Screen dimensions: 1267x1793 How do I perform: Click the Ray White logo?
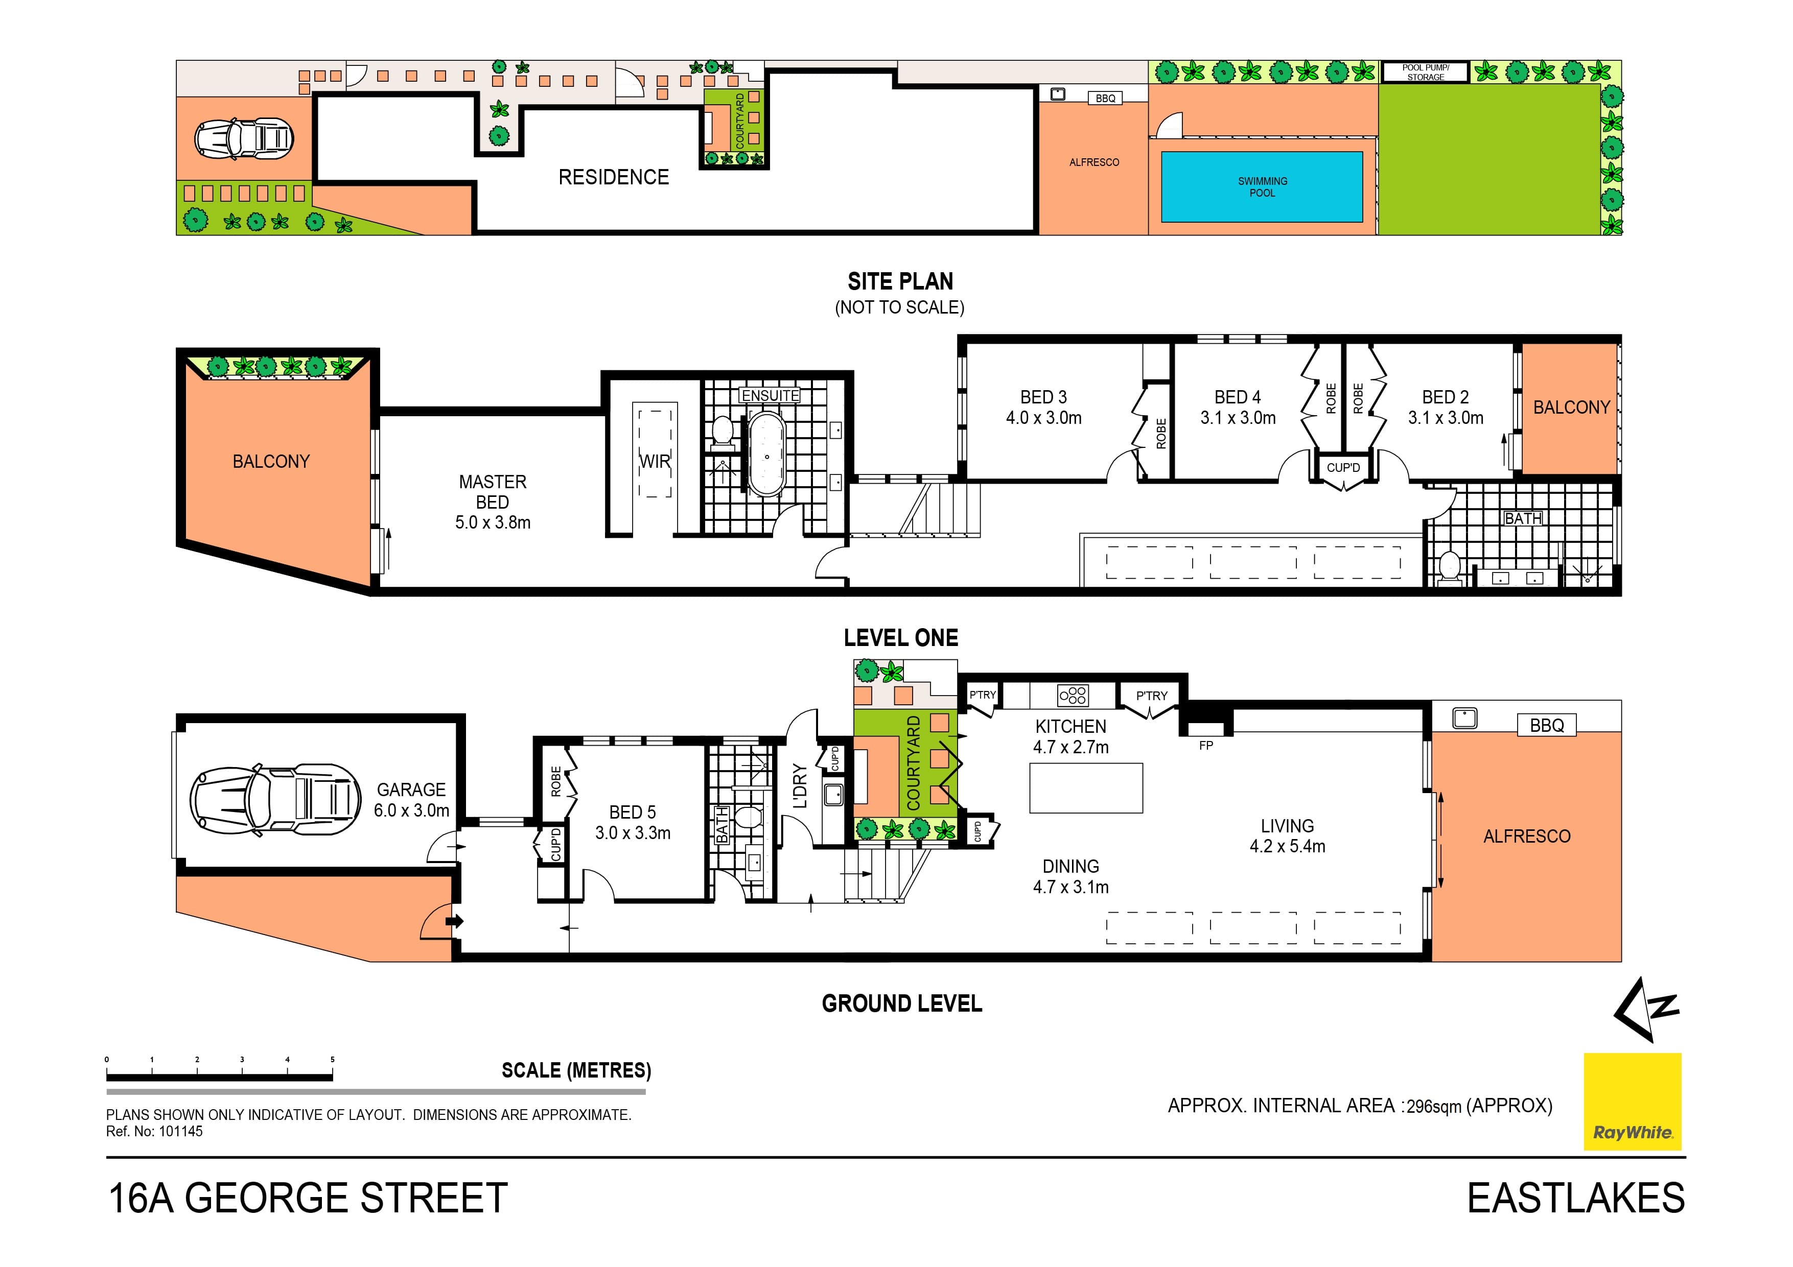click(1632, 1101)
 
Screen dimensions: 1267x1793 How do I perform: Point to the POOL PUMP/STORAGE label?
click(1425, 72)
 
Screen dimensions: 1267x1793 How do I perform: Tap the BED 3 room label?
click(1043, 397)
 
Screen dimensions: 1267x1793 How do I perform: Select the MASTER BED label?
click(492, 492)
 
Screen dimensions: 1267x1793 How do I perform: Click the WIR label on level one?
click(655, 461)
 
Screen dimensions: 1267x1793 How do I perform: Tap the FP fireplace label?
click(1206, 746)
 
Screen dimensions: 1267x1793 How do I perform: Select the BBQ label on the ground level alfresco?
click(1546, 725)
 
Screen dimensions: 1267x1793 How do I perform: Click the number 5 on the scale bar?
click(332, 1059)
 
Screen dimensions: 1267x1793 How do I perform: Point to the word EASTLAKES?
click(1575, 1198)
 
